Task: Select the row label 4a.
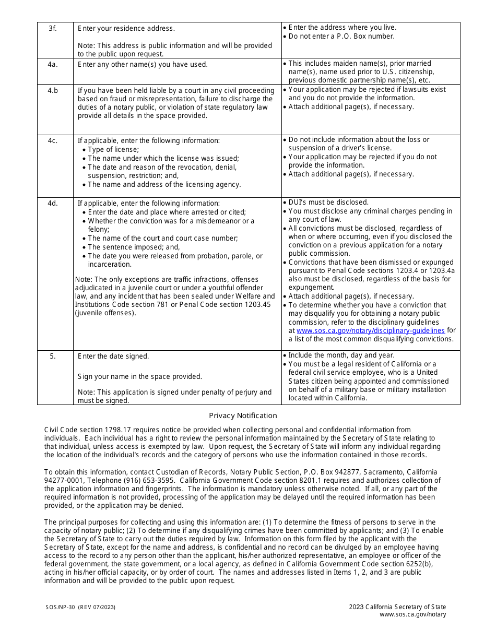(x=53, y=65)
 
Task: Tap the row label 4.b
(x=53, y=90)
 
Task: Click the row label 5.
(x=53, y=356)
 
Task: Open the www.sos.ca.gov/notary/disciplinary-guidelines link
(x=370, y=330)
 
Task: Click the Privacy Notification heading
(x=243, y=416)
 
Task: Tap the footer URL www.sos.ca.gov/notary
(x=412, y=614)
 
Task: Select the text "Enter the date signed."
(x=113, y=356)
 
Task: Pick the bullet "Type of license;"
(x=113, y=149)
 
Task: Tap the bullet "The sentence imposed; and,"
(x=134, y=247)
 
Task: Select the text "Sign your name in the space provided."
(x=139, y=376)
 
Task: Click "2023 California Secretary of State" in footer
(x=397, y=607)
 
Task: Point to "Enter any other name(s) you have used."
(x=143, y=65)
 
